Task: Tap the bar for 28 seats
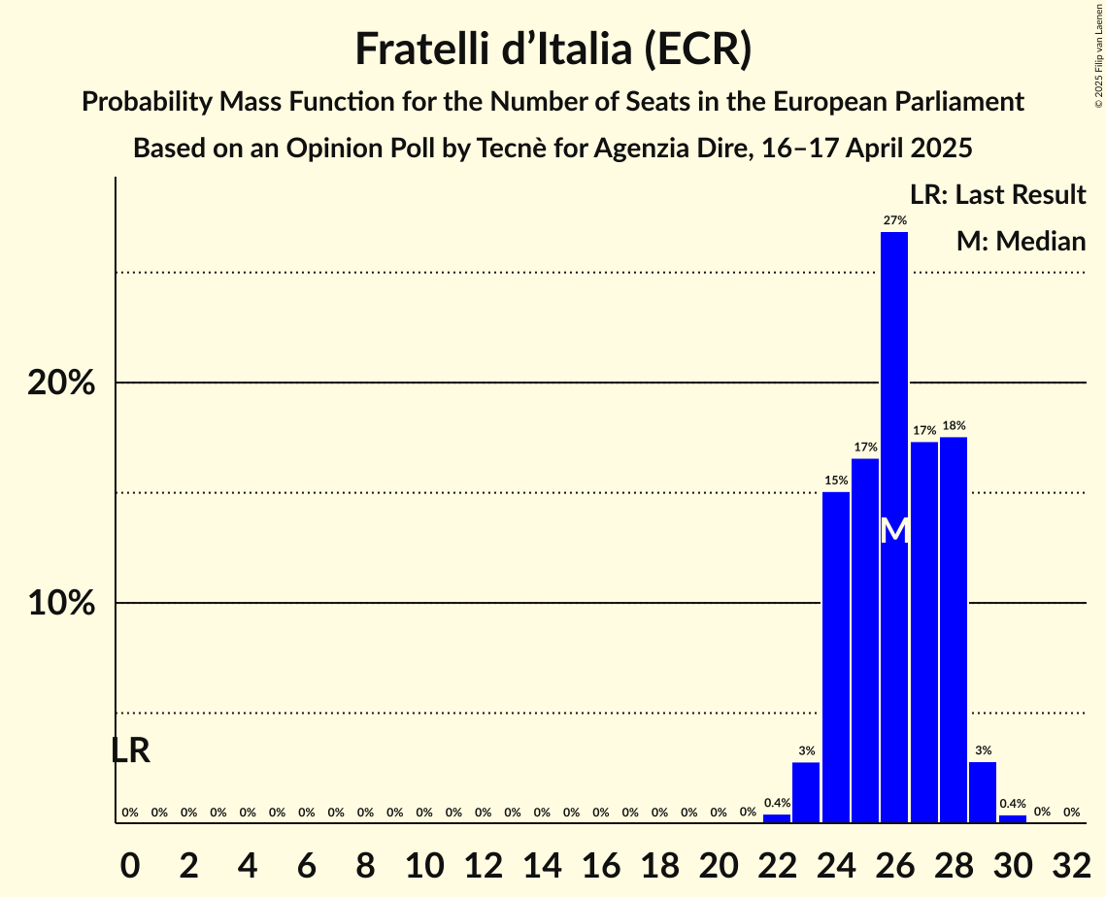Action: pos(954,630)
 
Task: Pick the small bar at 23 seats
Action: pos(806,792)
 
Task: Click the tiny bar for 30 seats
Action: pos(1013,818)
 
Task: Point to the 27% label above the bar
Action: pos(894,220)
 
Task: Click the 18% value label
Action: pos(954,425)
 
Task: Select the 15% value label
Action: pos(836,480)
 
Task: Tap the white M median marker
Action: pos(894,530)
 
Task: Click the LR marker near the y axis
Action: pos(130,750)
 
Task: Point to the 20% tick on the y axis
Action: pos(62,383)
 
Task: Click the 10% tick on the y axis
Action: pos(62,604)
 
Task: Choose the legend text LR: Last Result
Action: pos(997,195)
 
